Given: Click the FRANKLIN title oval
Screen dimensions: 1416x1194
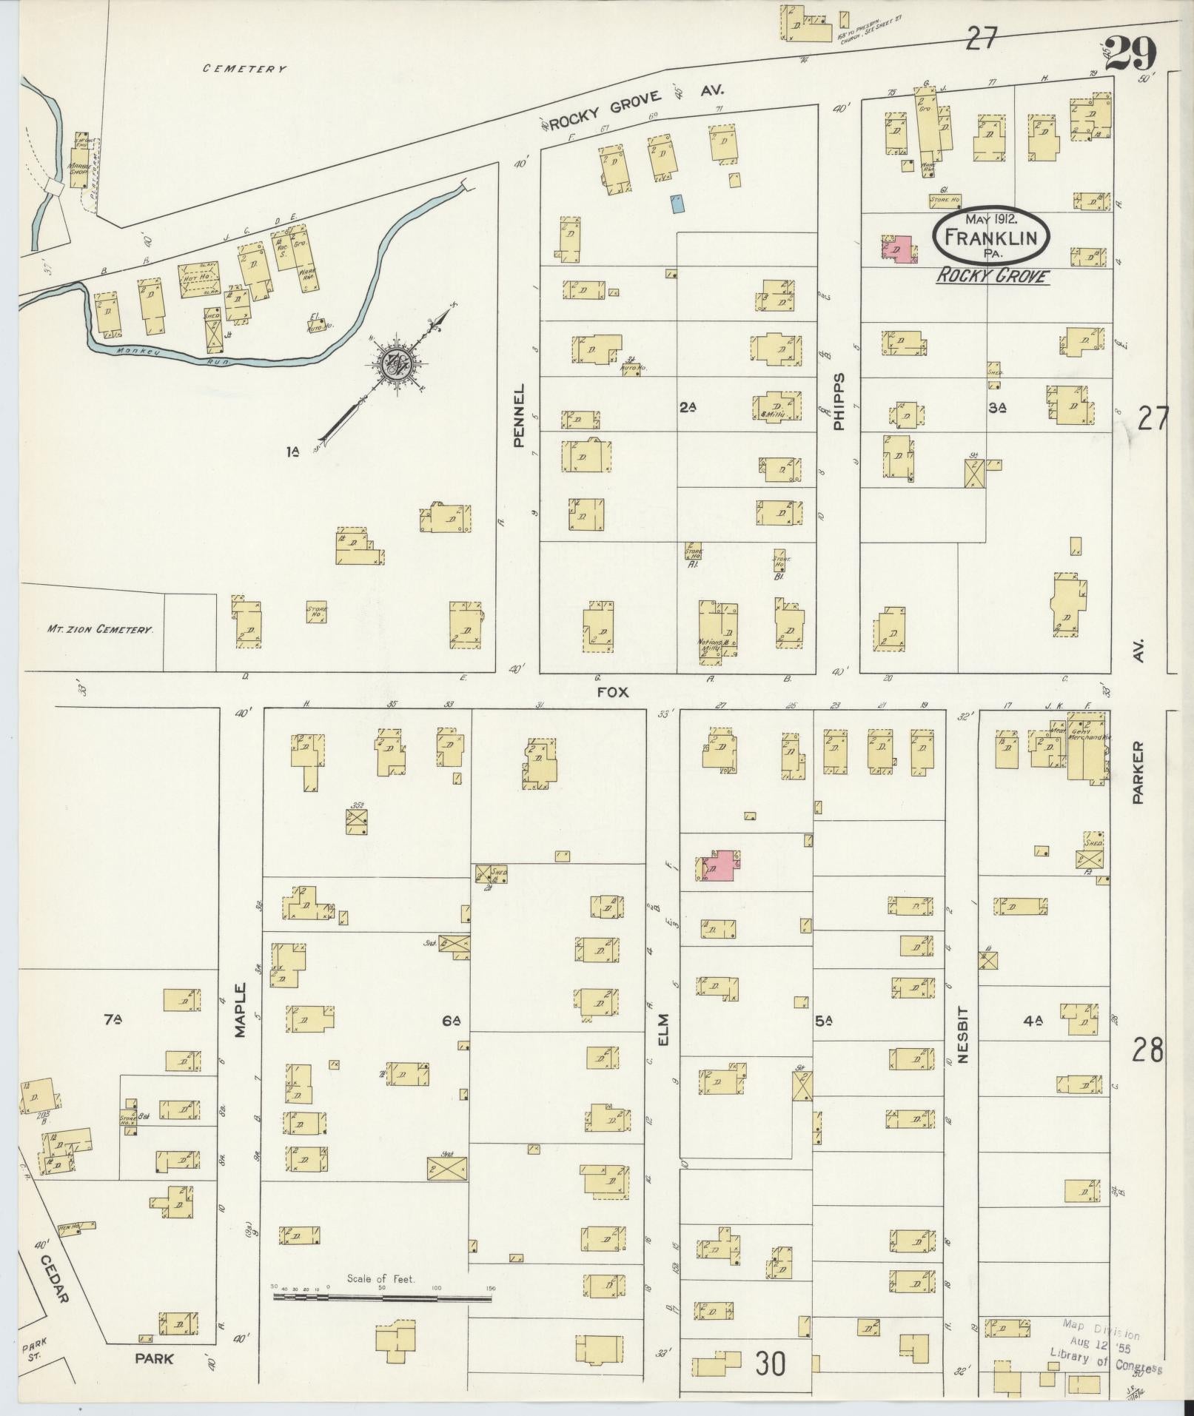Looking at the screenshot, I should point(990,236).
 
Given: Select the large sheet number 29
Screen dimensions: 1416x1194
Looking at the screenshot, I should point(1131,54).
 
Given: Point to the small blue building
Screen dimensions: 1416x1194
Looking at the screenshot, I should point(677,204).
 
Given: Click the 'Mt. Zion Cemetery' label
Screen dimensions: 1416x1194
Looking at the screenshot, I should point(100,629).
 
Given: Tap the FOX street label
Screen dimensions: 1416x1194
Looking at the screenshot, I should point(613,691).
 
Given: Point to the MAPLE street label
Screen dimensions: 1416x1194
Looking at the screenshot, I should point(241,1010).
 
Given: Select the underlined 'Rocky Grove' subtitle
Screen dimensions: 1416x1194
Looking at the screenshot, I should point(993,276).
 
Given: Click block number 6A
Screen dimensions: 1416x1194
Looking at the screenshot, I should point(452,1021).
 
